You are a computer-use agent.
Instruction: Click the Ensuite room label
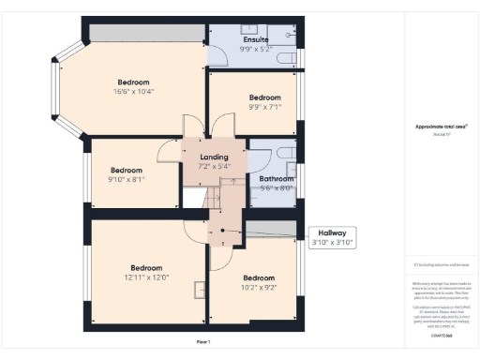pos(255,39)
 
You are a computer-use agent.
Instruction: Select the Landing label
pos(214,156)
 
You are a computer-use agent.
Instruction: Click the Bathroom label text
pos(276,178)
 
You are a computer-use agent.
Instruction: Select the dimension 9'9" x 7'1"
pos(264,107)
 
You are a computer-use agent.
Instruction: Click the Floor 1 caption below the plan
pos(203,341)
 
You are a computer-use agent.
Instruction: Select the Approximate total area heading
pos(441,127)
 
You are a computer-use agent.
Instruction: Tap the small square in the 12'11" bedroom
pos(199,288)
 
